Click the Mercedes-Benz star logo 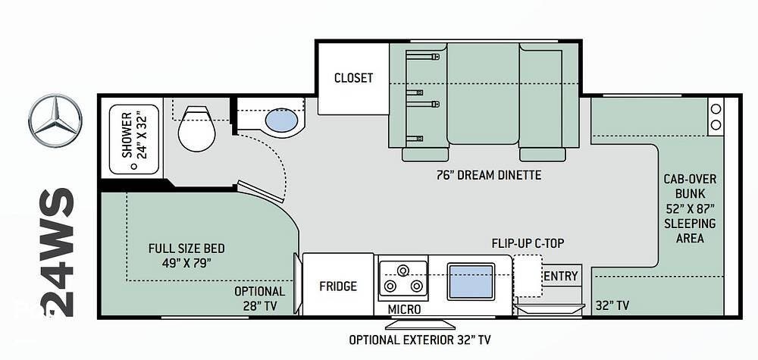click(55, 120)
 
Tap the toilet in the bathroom click(196, 129)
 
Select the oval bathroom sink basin click(281, 120)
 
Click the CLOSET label click(353, 78)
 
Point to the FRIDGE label click(338, 286)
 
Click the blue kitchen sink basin click(471, 281)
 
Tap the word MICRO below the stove click(404, 309)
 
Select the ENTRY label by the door click(561, 276)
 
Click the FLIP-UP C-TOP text click(528, 243)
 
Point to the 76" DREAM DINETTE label click(489, 175)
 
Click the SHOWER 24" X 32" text click(133, 135)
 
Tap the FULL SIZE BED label click(186, 249)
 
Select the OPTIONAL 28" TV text click(259, 299)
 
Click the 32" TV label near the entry click(612, 305)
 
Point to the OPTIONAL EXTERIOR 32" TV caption click(420, 340)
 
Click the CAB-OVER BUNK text click(690, 186)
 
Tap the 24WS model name click(57, 252)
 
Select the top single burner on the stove click(402, 270)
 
